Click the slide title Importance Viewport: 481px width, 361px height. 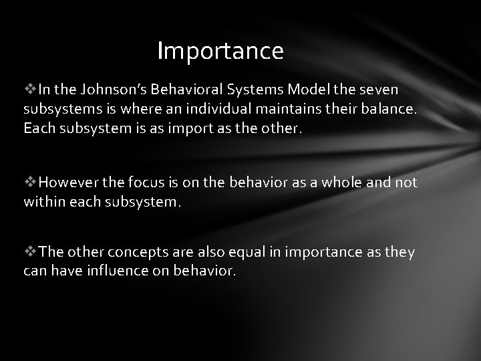point(220,51)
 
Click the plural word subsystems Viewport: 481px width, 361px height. point(56,108)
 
